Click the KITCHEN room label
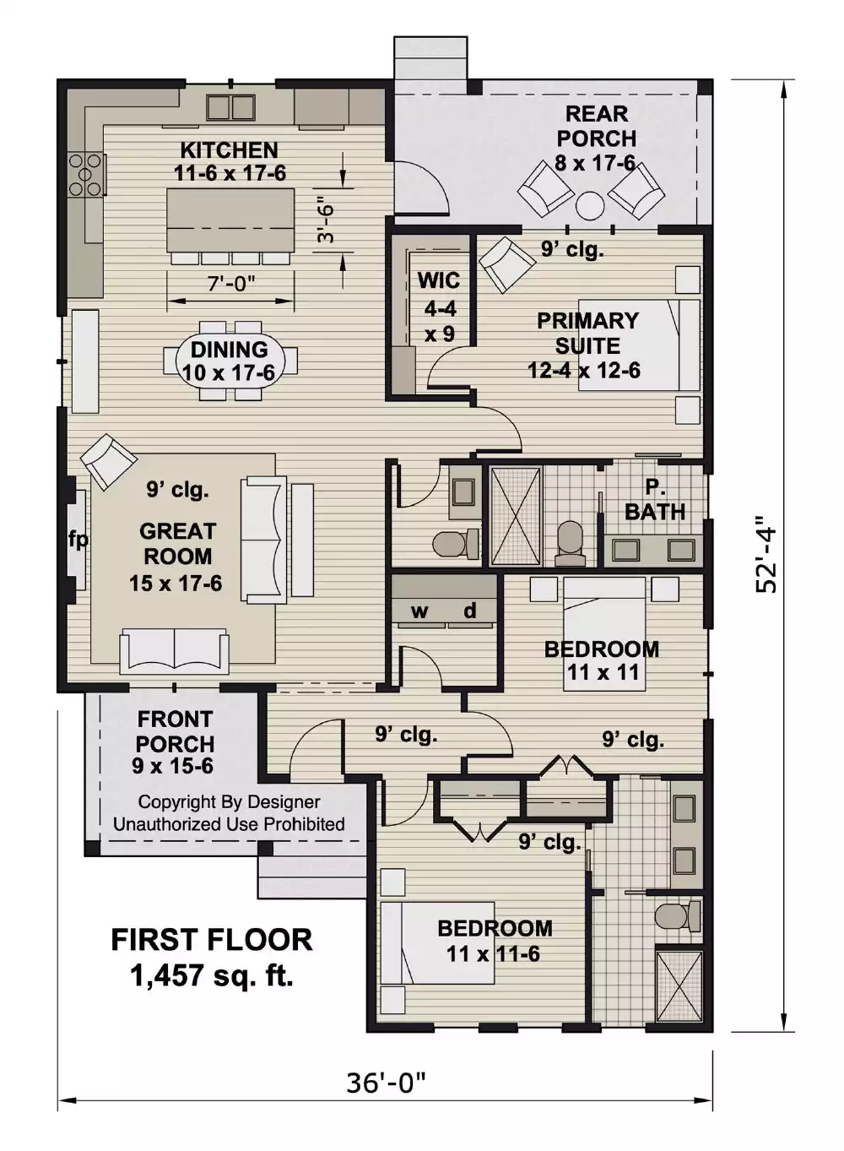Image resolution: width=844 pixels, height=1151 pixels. click(x=229, y=150)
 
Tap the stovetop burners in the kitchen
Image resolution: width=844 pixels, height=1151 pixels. click(x=86, y=175)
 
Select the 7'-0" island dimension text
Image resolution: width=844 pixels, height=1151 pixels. click(x=231, y=284)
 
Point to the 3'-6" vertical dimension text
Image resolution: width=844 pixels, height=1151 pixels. click(x=326, y=220)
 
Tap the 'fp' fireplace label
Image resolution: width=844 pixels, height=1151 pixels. click(x=78, y=539)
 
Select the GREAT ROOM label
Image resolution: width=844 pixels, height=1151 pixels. click(x=177, y=544)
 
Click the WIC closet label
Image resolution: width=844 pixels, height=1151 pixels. click(x=439, y=280)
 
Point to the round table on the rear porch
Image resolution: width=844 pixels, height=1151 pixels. click(x=590, y=206)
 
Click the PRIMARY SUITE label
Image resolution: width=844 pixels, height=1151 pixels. click(x=587, y=333)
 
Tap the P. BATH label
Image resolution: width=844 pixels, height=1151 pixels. click(x=655, y=500)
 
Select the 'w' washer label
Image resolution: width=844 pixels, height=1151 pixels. click(x=419, y=611)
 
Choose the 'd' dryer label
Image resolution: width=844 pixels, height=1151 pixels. click(x=470, y=611)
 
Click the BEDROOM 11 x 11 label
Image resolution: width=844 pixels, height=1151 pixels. click(x=602, y=649)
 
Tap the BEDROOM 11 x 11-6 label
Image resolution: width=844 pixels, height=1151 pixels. click(x=495, y=928)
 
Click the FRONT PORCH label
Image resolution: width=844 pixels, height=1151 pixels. click(x=175, y=731)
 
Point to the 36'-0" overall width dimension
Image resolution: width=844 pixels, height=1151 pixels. click(x=386, y=1082)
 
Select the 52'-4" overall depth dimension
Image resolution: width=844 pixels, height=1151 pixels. click(x=766, y=554)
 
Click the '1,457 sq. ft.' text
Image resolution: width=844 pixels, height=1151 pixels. click(x=212, y=976)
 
